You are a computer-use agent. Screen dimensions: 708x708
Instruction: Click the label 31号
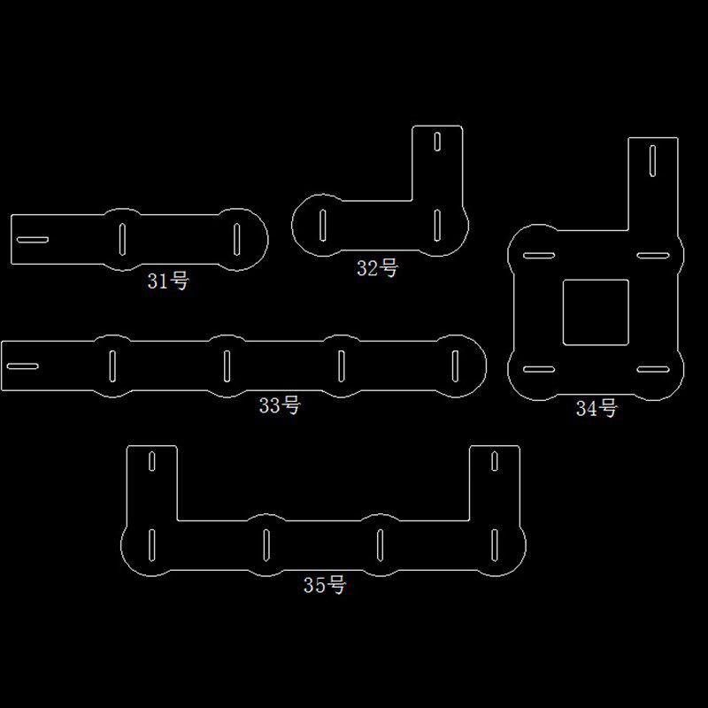click(168, 281)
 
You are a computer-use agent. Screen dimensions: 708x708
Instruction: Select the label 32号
click(378, 268)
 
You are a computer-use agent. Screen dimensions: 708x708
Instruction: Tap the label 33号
click(280, 405)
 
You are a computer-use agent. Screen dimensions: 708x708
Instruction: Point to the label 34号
click(596, 408)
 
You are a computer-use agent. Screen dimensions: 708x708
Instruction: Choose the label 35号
click(325, 585)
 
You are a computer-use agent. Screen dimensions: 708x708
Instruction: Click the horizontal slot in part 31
click(33, 239)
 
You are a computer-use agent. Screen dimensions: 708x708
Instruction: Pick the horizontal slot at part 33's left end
click(23, 366)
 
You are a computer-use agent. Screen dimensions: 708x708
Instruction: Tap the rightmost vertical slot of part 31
click(236, 239)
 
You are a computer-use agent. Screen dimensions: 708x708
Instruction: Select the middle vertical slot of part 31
click(122, 239)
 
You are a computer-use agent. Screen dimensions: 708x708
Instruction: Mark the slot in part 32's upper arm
click(437, 142)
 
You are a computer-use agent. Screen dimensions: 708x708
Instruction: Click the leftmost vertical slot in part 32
click(322, 225)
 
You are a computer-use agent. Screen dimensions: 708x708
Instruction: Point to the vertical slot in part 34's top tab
click(652, 160)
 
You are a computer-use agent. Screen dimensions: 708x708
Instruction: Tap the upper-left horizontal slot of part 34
click(539, 255)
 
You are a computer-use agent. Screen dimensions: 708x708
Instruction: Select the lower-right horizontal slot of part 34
click(653, 369)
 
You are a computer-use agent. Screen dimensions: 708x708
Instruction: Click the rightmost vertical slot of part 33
click(455, 366)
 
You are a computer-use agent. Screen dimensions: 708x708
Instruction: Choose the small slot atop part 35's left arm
click(151, 461)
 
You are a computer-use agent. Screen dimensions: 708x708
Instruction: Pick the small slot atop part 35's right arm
click(495, 461)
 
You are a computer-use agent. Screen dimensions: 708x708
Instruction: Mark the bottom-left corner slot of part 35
click(151, 545)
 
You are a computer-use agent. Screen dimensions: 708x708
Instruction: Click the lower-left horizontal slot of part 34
click(539, 369)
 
